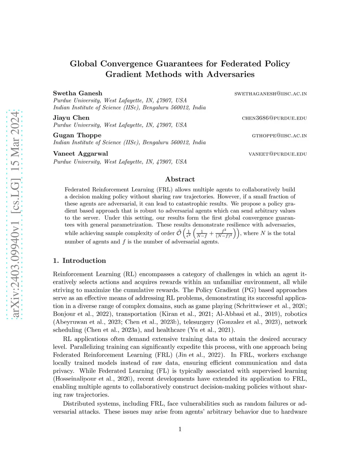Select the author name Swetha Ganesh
click(78, 93)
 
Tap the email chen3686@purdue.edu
click(274, 118)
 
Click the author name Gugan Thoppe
click(77, 135)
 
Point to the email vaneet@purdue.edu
click(278, 154)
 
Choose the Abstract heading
click(180, 179)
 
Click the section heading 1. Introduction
click(79, 261)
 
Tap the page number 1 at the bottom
click(180, 429)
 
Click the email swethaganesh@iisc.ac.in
click(271, 94)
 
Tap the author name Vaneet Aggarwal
click(81, 154)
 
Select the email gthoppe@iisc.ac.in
click(279, 136)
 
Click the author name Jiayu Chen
click(71, 118)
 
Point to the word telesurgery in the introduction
click(199, 322)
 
